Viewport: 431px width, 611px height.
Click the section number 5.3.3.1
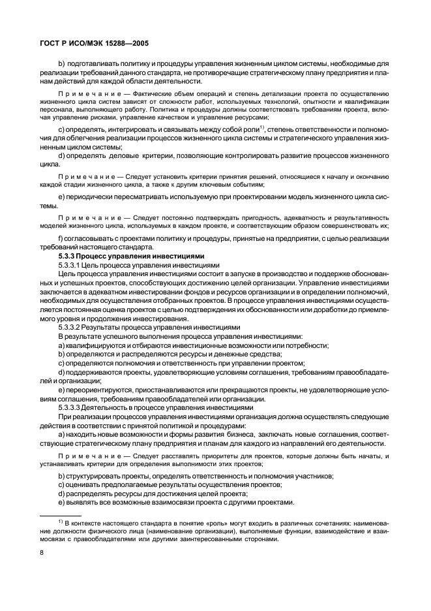point(71,266)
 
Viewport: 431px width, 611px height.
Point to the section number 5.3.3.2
point(71,326)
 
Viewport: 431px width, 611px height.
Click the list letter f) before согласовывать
point(61,241)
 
